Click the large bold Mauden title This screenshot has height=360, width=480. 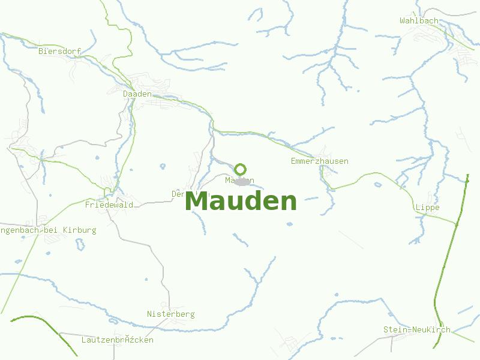241,202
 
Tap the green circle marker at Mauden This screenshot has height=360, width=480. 241,169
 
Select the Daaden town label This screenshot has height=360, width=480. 137,94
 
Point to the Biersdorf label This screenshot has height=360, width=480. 59,52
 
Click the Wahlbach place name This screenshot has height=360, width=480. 419,21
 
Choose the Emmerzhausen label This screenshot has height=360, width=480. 319,161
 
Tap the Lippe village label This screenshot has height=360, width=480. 427,208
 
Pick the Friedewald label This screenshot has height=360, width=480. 109,205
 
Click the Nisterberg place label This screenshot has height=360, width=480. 170,314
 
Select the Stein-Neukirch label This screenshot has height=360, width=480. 416,330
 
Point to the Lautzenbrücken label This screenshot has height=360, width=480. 117,340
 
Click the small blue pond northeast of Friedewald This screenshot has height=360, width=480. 162,166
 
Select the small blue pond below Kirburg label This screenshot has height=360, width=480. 79,244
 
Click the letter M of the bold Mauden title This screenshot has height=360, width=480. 197,202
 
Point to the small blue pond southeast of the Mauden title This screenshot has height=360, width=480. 289,224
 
